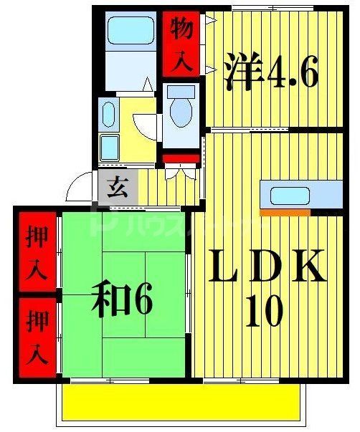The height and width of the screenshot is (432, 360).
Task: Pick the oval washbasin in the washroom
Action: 109,115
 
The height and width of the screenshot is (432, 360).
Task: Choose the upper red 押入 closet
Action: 37,253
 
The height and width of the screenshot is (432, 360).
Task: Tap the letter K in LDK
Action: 310,267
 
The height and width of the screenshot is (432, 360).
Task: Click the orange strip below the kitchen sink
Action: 285,212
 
